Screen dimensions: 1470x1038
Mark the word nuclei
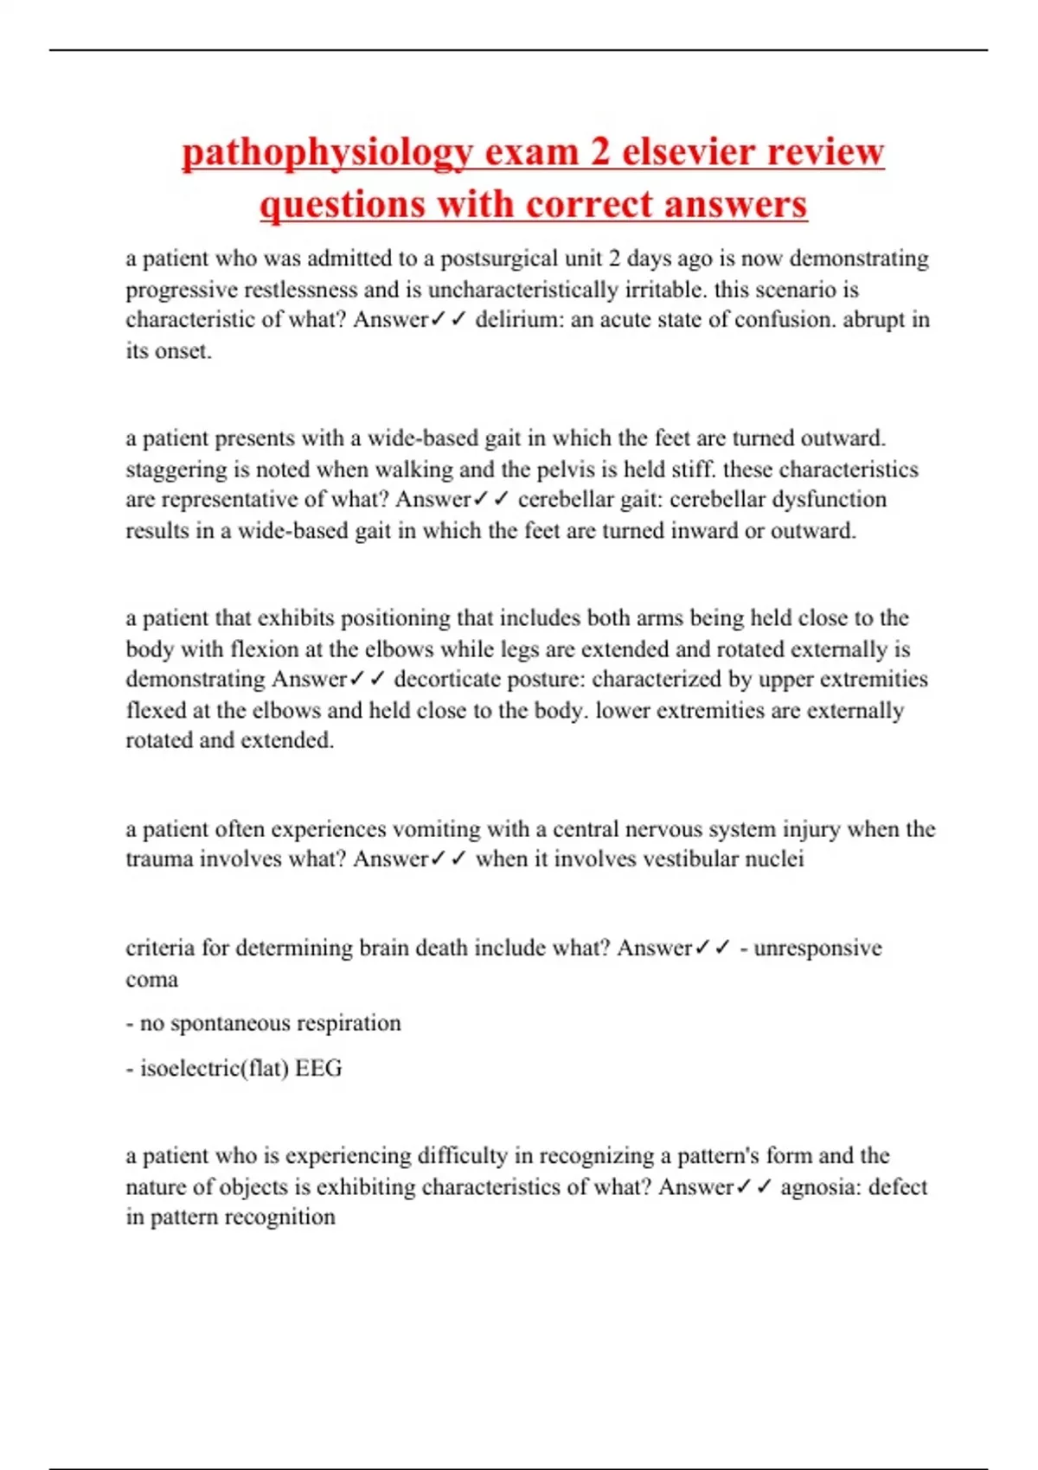775,860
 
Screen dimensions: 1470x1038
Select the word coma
152,980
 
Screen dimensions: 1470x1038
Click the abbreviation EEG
318,1069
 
